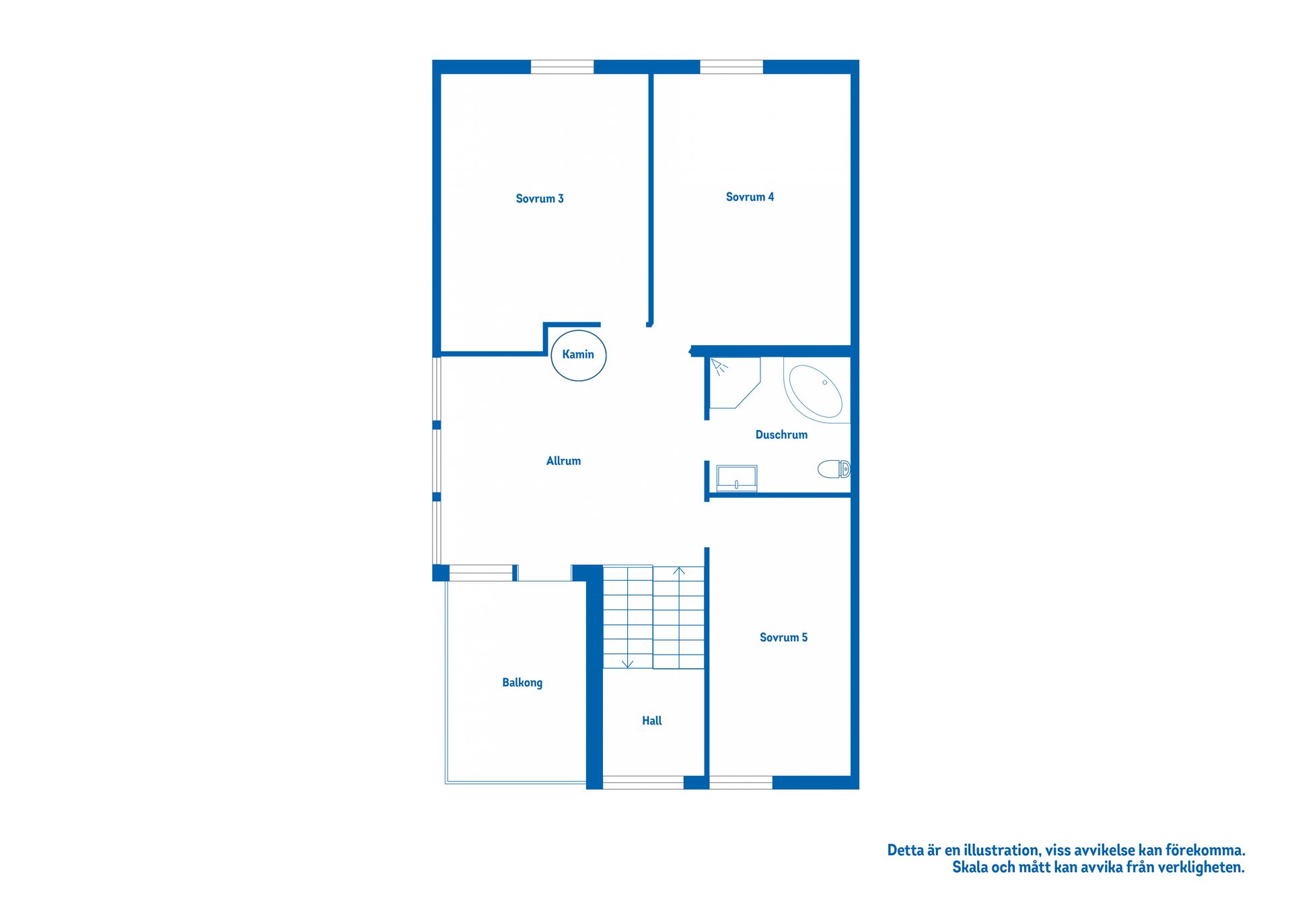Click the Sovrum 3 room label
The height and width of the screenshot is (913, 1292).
coord(540,198)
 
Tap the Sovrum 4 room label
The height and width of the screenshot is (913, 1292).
coord(750,197)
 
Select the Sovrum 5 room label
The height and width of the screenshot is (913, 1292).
coord(783,637)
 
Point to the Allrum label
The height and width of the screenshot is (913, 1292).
coord(563,461)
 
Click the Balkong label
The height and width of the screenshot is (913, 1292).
coord(522,683)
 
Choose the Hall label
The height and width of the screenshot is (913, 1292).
coord(652,721)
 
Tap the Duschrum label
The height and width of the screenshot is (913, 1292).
coord(781,435)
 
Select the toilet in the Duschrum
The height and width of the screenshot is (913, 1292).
coord(834,469)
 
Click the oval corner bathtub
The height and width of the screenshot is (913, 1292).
coord(815,391)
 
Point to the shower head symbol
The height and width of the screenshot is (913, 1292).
coord(719,367)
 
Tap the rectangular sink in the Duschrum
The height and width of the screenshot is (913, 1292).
coord(737,478)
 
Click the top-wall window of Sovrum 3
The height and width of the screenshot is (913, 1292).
coord(563,67)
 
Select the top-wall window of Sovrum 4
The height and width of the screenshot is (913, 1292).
coord(731,67)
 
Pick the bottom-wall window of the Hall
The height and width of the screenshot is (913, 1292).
coord(643,782)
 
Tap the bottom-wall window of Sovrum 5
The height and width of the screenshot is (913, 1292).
coord(741,782)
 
